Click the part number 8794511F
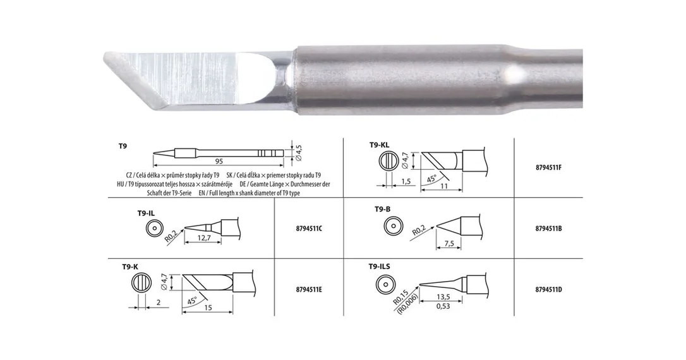click(x=548, y=167)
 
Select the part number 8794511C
click(x=309, y=229)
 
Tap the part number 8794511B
click(x=548, y=229)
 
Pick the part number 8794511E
click(x=309, y=289)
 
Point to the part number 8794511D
click(x=548, y=289)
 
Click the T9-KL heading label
click(x=379, y=145)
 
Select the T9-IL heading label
click(x=146, y=213)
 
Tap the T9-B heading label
click(x=382, y=209)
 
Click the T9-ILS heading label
click(x=379, y=267)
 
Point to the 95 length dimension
click(x=219, y=161)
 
